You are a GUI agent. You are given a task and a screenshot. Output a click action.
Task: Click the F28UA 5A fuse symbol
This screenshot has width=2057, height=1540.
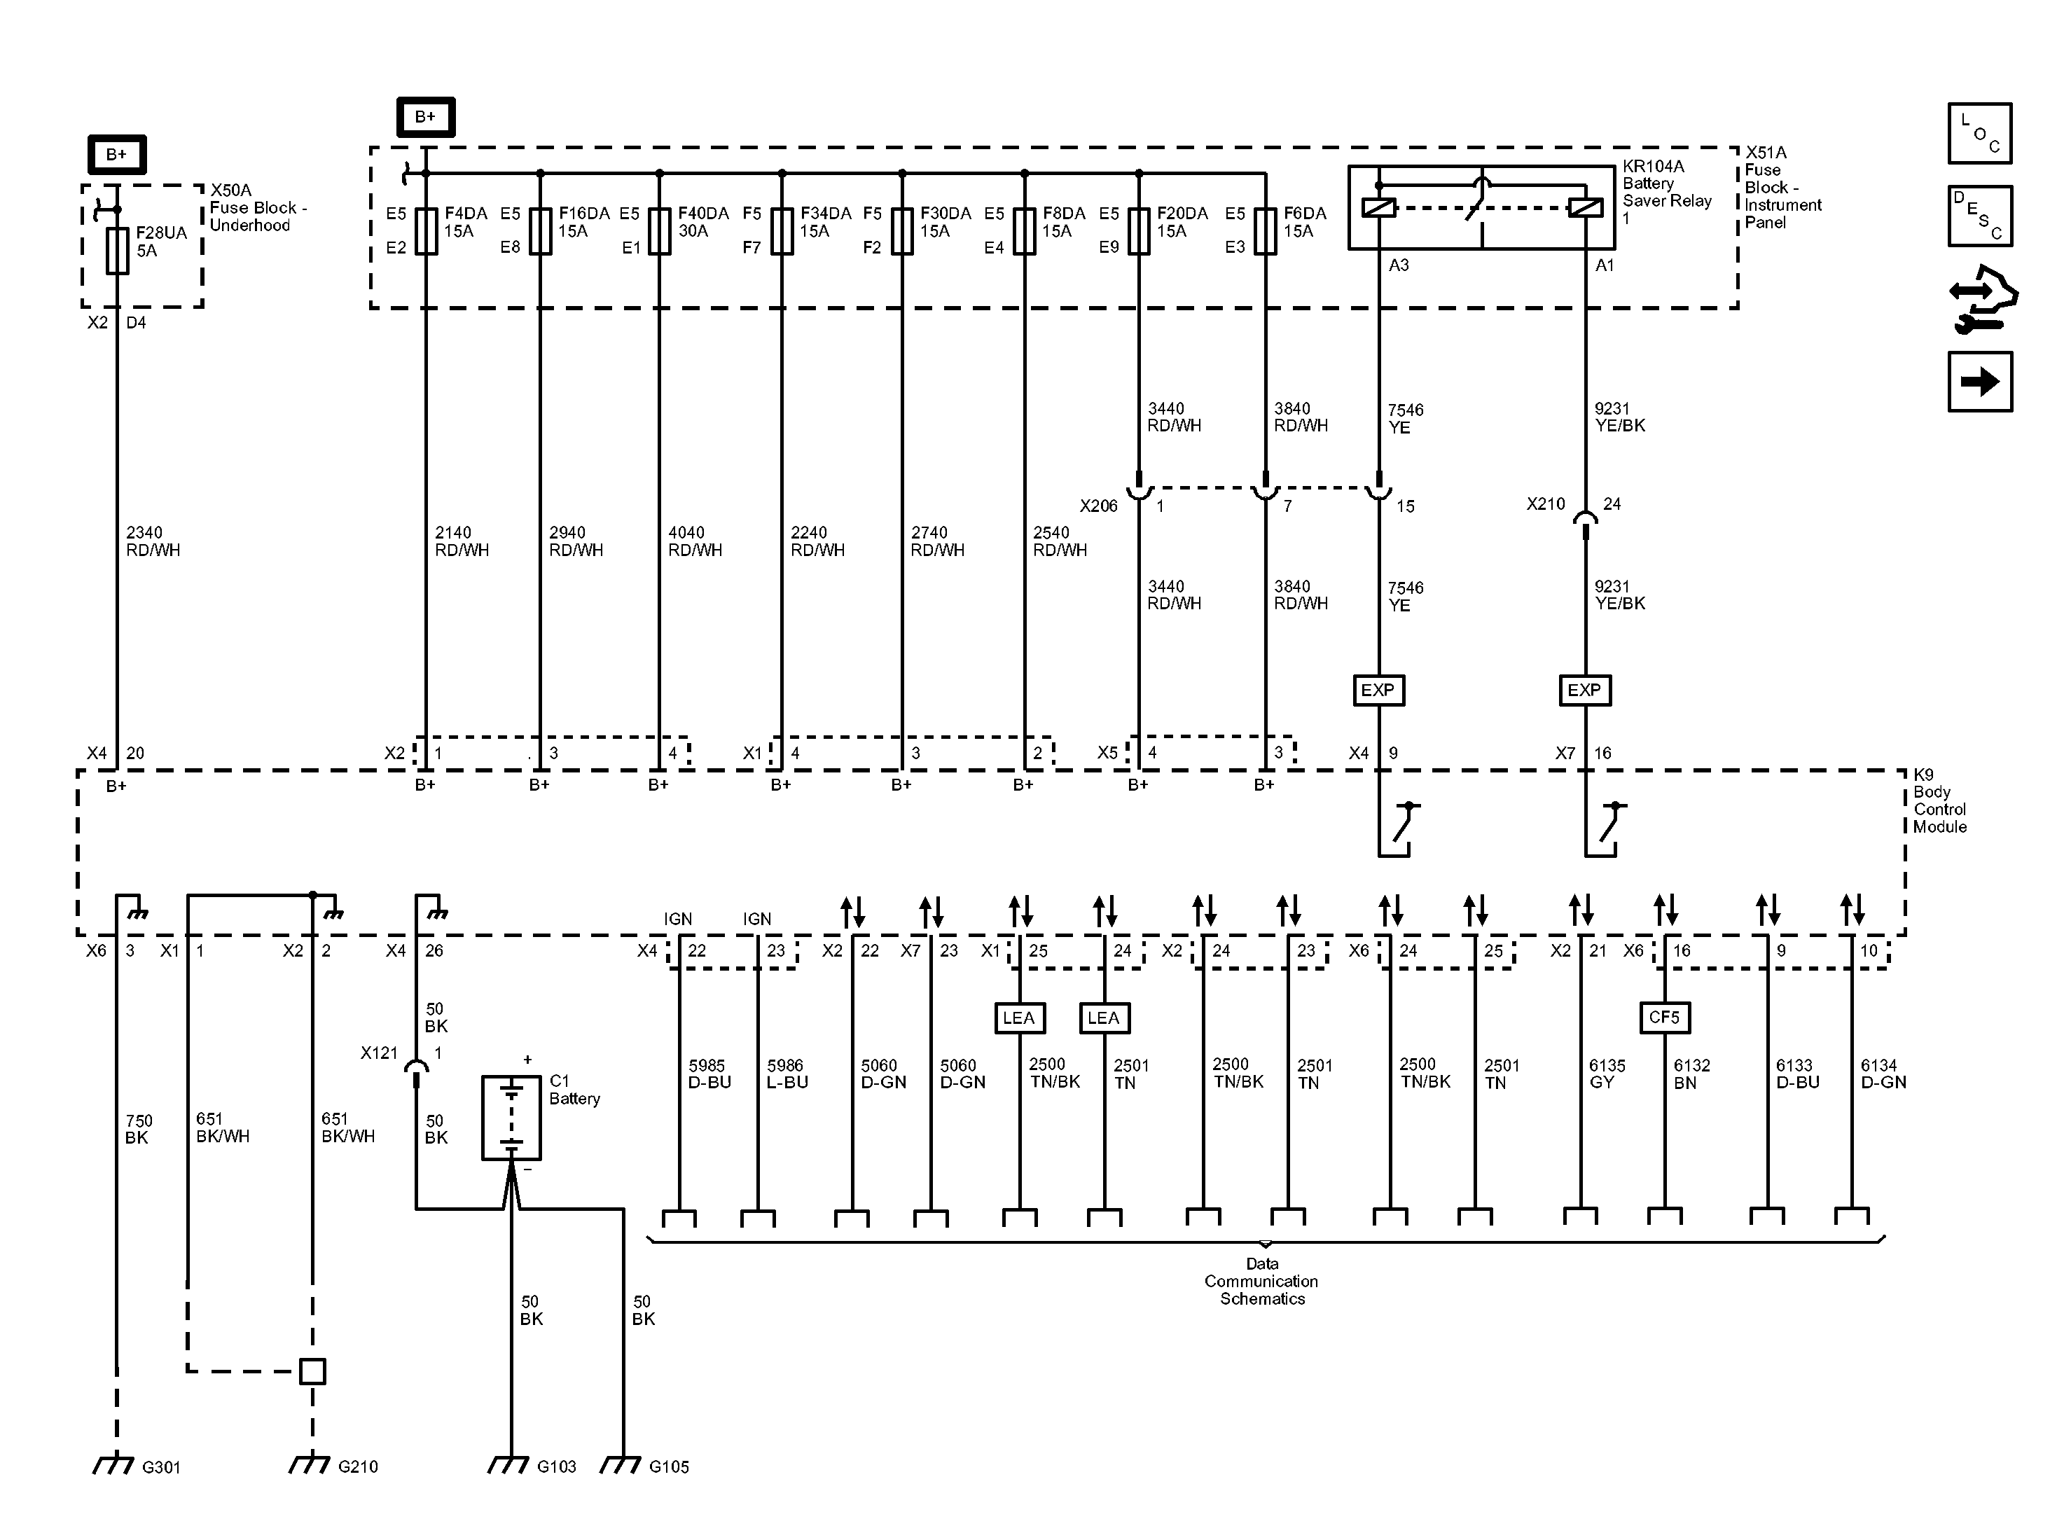[117, 251]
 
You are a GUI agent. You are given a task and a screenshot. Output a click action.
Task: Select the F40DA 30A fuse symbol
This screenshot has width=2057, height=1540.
[659, 230]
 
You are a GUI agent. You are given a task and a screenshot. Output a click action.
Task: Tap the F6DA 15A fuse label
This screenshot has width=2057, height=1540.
[1305, 222]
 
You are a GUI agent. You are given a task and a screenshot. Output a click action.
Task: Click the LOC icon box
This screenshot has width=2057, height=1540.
[1980, 133]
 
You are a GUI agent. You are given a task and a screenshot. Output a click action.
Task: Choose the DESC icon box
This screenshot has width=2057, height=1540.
[1980, 216]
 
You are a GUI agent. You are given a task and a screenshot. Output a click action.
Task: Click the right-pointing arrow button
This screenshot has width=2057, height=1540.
[1980, 381]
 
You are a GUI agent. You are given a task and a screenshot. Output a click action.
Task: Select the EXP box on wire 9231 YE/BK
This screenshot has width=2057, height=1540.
[1584, 690]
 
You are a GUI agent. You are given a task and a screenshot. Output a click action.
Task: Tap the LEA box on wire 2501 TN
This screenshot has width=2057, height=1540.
[1104, 1018]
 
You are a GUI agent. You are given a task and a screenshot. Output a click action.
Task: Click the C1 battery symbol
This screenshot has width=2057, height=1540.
[511, 1118]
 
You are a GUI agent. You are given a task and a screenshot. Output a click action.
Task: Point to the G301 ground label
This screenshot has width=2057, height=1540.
[161, 1467]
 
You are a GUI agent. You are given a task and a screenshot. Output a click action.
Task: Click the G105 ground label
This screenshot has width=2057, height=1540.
[669, 1467]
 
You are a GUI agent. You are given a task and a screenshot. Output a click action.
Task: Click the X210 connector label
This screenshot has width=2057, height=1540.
[1546, 504]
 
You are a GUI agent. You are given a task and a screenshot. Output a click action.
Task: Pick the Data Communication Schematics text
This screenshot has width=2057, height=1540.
[1262, 1282]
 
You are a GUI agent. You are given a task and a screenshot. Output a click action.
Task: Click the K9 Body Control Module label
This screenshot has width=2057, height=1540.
[1939, 800]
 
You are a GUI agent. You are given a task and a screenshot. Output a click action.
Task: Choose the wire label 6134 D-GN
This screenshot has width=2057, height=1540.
[1883, 1074]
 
